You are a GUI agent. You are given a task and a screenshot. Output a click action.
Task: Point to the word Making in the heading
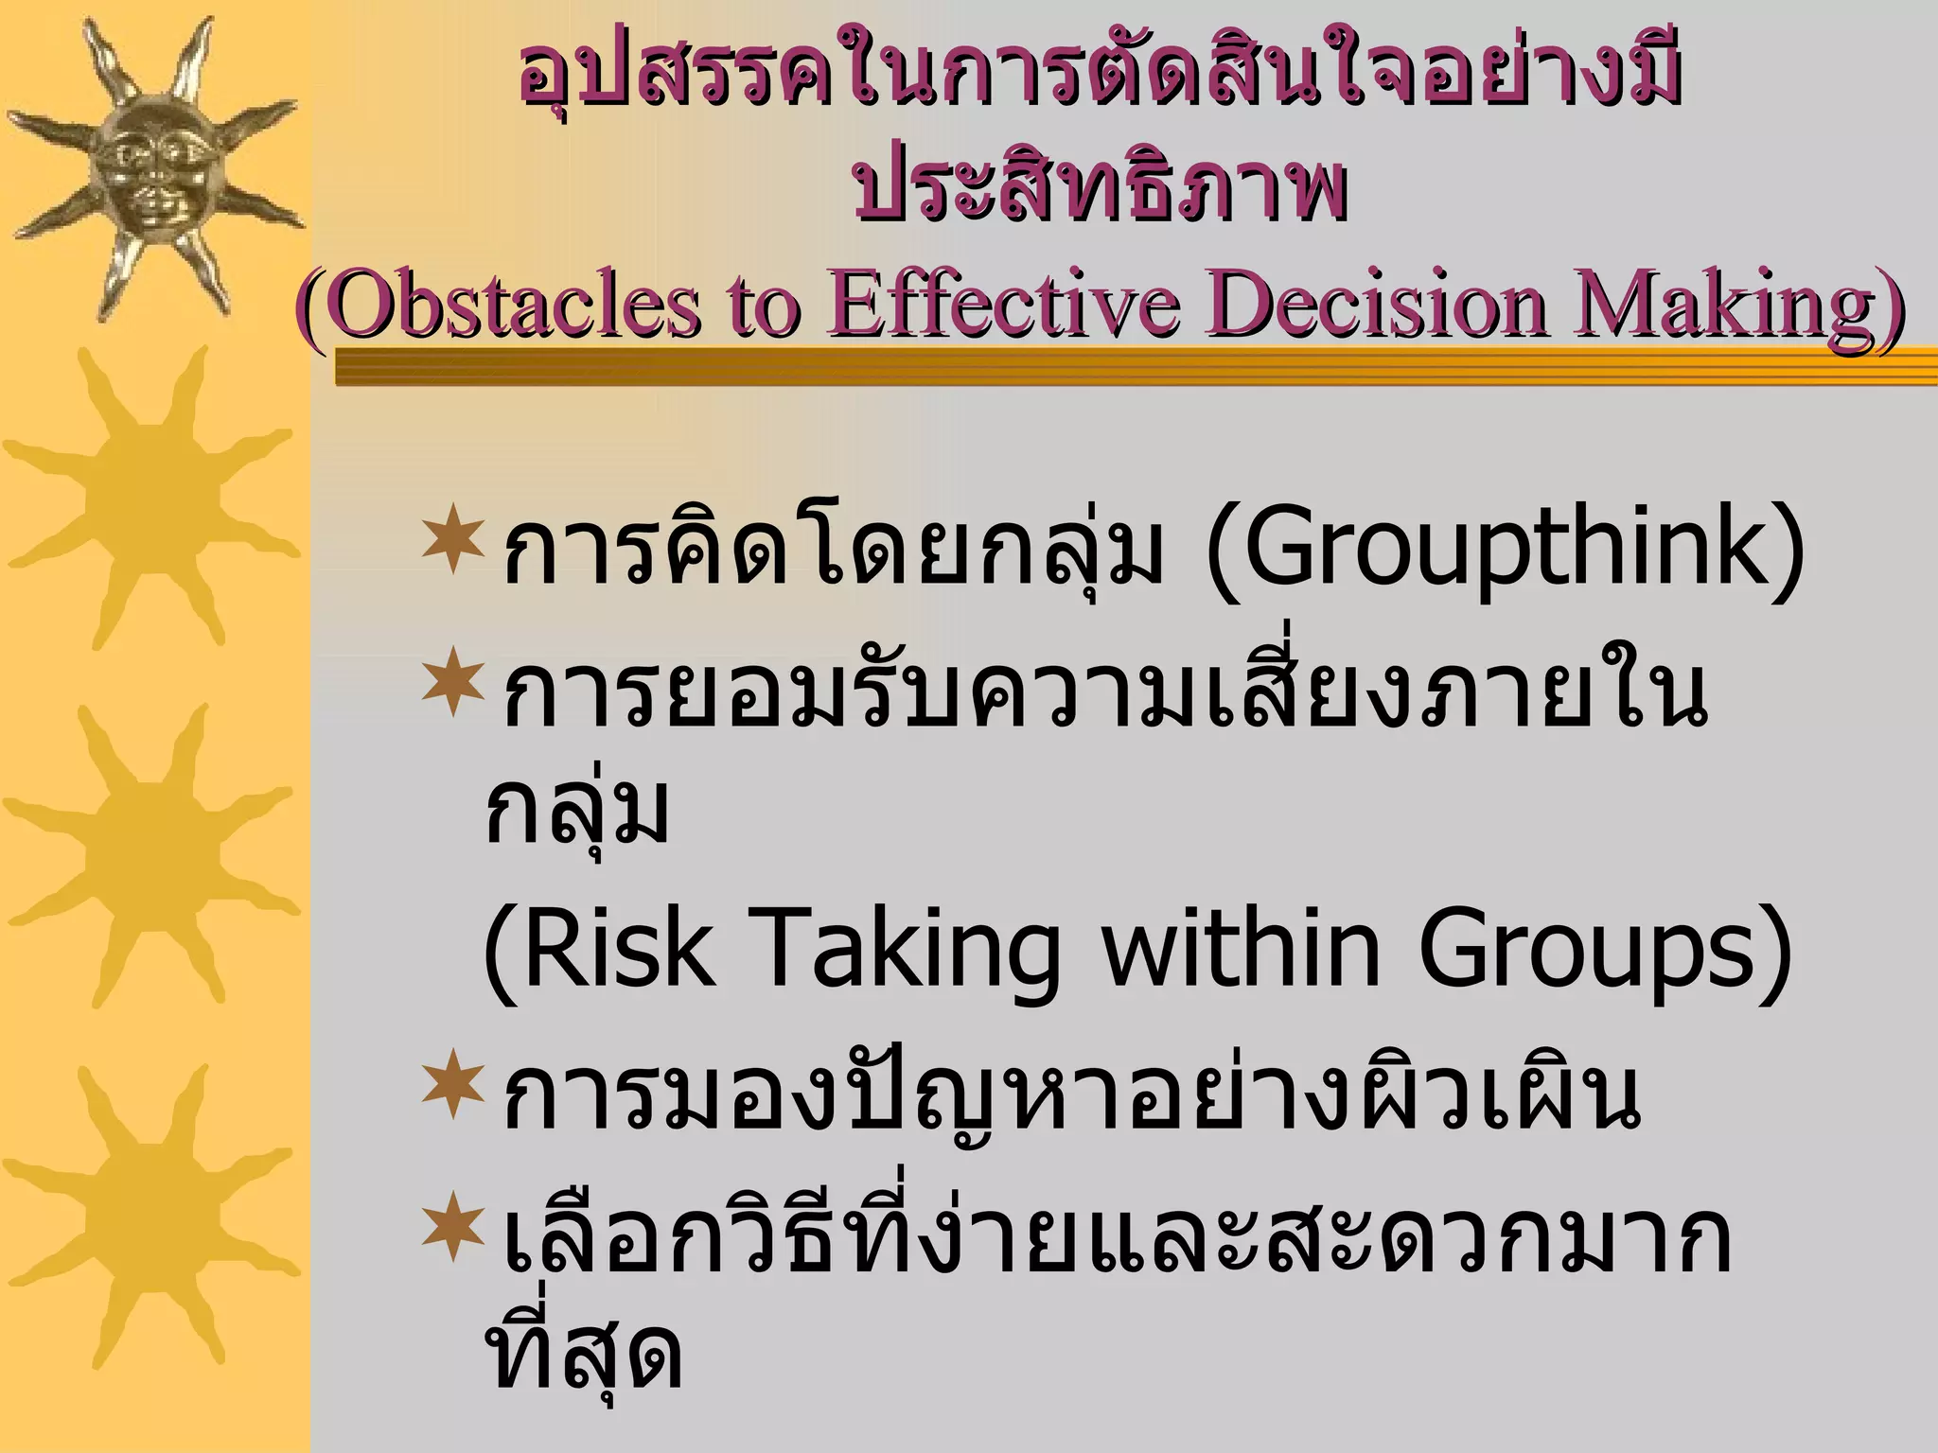click(1734, 305)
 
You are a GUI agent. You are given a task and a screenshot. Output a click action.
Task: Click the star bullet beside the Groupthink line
click(453, 540)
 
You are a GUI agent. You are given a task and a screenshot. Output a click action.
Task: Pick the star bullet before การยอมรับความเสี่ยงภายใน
click(453, 681)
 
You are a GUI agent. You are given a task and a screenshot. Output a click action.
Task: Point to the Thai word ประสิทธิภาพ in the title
click(1100, 189)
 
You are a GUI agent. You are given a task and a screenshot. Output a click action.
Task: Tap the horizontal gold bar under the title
click(1136, 367)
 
